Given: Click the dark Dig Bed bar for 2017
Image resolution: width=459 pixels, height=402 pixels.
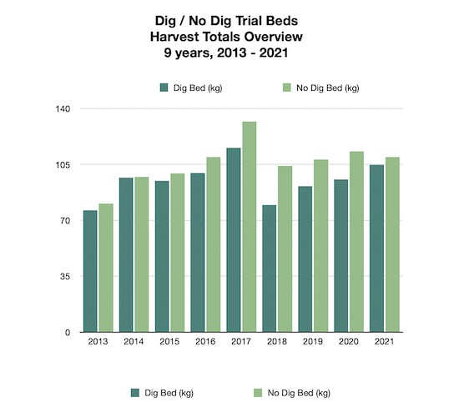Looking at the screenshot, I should pyautogui.click(x=234, y=240).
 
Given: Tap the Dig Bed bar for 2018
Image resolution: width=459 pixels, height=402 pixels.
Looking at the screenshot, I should pyautogui.click(x=269, y=269).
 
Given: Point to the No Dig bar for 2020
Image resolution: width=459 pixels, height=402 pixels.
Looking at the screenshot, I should pyautogui.click(x=356, y=242).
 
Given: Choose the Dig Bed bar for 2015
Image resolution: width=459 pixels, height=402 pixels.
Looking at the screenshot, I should pyautogui.click(x=162, y=256).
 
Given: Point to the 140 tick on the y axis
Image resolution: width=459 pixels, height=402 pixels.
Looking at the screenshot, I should pyautogui.click(x=63, y=109).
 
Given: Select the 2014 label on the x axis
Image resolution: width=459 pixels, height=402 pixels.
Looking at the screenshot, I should pyautogui.click(x=134, y=342).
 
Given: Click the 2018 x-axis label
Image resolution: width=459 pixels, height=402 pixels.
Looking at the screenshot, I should pyautogui.click(x=276, y=342).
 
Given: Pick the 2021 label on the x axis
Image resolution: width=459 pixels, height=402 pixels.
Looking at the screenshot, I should pyautogui.click(x=384, y=342).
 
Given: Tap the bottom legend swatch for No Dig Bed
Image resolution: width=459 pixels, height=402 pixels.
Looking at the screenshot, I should pyautogui.click(x=259, y=391).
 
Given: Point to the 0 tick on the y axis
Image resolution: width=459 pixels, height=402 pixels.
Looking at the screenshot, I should pyautogui.click(x=68, y=333).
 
